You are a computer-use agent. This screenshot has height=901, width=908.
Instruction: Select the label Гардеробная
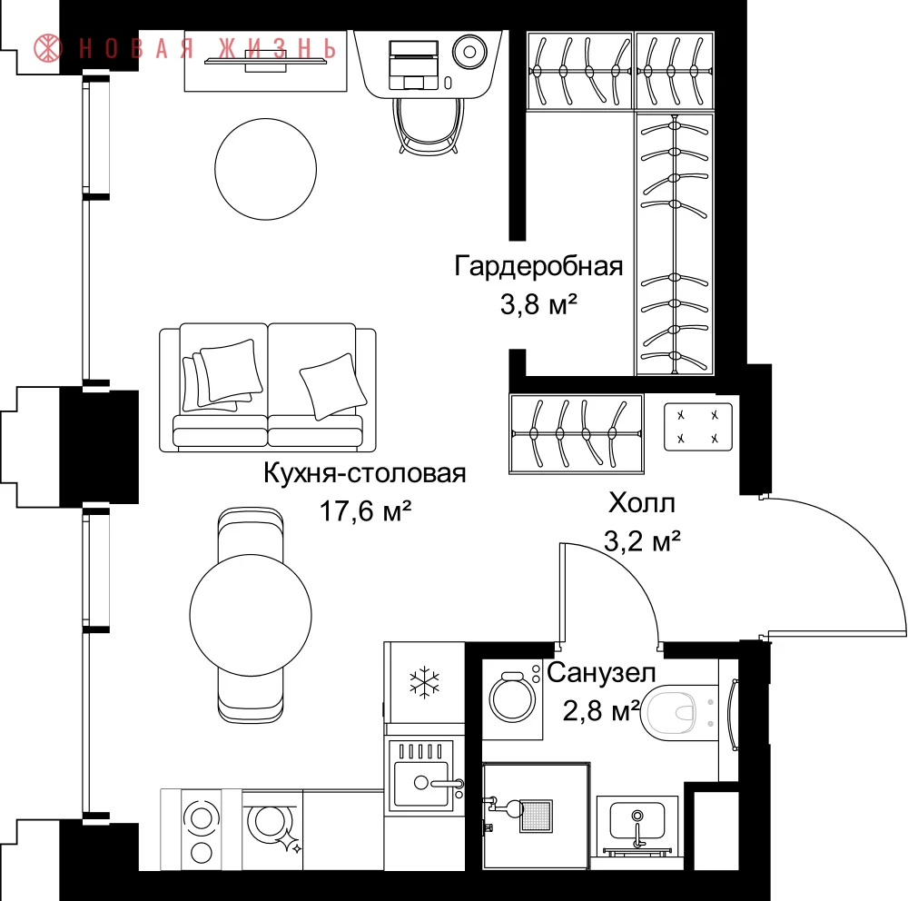pos(538,266)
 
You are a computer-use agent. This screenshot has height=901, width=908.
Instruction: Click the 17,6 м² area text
pos(365,511)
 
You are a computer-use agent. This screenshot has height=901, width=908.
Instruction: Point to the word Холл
pos(642,503)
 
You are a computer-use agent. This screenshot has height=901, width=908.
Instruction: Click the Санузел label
pos(601,673)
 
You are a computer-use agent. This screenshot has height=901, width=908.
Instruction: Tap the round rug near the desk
pos(266,169)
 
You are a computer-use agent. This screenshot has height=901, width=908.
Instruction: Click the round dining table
pos(251,615)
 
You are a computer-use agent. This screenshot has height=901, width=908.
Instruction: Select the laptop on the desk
pos(413,64)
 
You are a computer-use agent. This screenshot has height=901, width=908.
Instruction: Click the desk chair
pos(428,125)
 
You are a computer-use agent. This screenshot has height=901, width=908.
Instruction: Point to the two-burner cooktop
pos(201,830)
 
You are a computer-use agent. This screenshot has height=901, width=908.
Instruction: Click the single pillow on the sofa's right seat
pos(333,385)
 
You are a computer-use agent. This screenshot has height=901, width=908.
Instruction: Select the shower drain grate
pos(537,816)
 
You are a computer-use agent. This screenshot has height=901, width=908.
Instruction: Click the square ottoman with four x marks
pos(697,427)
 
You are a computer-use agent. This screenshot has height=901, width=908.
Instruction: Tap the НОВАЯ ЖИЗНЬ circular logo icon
pos(48,48)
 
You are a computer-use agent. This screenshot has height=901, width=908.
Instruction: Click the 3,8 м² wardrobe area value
pos(539,303)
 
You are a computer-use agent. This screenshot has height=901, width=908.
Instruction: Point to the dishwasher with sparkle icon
pos(272,830)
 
